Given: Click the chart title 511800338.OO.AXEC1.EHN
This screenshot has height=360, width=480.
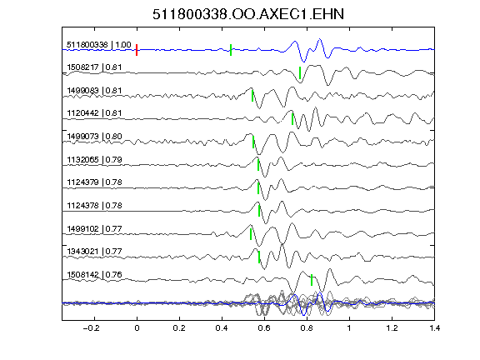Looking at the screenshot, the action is pos(248,14).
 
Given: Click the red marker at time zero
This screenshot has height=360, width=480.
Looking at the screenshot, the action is pos(137,50).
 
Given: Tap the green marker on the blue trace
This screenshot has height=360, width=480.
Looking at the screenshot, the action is pos(231,50).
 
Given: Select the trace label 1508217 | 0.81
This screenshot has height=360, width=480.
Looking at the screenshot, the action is pos(94,67).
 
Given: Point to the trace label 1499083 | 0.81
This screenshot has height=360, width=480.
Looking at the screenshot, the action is pos(94,91).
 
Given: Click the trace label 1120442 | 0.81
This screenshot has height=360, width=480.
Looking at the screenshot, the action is pos(94,113).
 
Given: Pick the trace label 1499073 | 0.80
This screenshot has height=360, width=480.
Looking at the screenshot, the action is pos(94,136).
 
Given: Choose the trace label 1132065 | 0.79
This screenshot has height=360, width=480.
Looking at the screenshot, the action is pos(94,159).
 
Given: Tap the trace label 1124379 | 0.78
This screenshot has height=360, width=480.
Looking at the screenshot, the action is pos(94,182).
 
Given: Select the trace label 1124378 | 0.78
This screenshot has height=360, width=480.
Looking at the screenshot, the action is pos(94,205).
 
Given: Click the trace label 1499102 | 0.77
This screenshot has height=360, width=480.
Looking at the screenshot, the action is pos(94,228).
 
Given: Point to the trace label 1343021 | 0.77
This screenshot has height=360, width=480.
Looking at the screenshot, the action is pos(94,252).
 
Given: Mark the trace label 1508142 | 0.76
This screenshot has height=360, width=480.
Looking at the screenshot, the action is pos(94,275).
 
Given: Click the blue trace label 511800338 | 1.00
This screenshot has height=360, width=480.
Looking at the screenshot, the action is pos(99,45).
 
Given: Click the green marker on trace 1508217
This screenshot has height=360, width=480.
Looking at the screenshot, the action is pos(300,72).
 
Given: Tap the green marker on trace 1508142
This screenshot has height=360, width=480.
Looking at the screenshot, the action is pos(312,280).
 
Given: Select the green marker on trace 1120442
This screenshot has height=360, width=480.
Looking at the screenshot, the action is pos(292,119).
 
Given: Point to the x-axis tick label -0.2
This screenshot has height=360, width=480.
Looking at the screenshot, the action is pos(91,328).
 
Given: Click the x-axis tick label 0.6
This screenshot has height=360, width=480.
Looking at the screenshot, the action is pos(264,328).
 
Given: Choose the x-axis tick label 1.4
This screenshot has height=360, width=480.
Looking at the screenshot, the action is pos(434,328).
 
